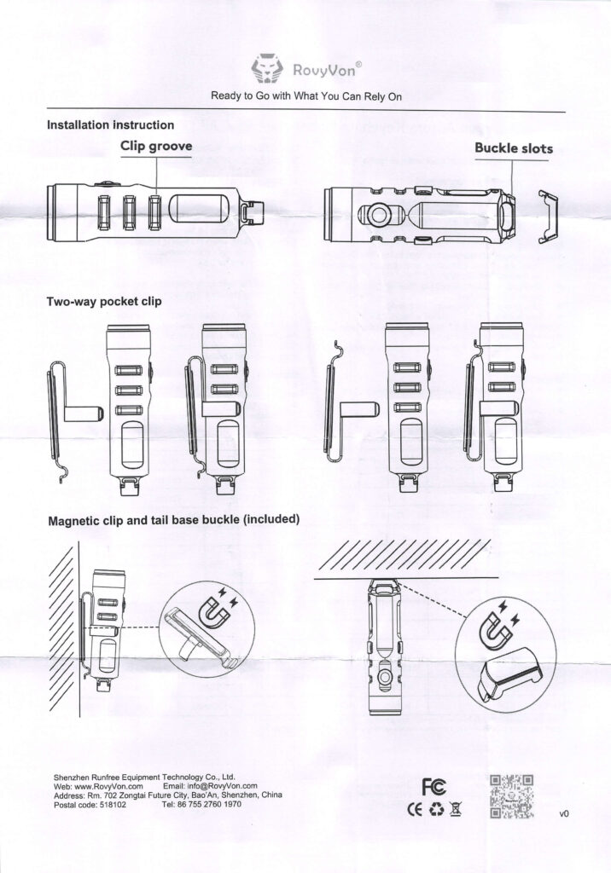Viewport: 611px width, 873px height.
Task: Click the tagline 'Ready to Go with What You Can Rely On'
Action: (x=306, y=96)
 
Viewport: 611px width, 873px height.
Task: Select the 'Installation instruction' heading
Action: (x=111, y=124)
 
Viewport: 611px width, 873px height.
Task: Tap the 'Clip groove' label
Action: (x=156, y=147)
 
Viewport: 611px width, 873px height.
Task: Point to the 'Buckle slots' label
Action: (x=514, y=148)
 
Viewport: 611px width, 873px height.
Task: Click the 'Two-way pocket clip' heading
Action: (x=104, y=301)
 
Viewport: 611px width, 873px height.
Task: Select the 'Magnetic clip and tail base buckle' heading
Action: (x=173, y=519)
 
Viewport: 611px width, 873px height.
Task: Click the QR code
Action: (x=512, y=796)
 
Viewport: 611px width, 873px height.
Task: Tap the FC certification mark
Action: (x=434, y=786)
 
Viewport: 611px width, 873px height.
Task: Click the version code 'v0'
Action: (x=563, y=814)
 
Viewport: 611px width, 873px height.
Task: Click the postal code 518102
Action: (x=90, y=804)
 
